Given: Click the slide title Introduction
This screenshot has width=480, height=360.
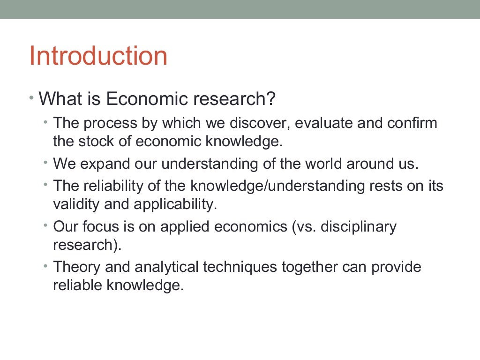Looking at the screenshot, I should coord(98,56).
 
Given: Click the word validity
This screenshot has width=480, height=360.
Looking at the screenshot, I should coord(74,204).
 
